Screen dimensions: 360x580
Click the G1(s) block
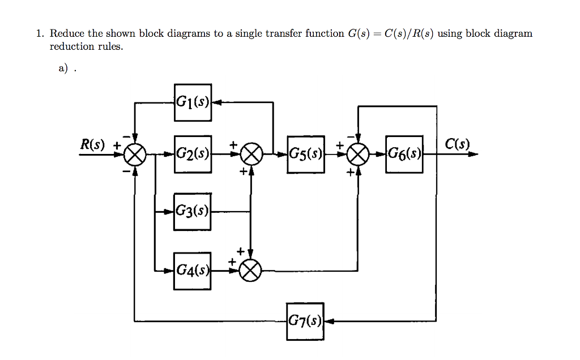[x=193, y=102]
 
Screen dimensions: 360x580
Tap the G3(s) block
[x=193, y=212]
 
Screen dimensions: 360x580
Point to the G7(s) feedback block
[x=305, y=322]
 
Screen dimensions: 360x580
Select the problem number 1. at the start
[x=40, y=33]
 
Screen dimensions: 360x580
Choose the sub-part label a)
[x=63, y=68]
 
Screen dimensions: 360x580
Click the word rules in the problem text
[x=110, y=46]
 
